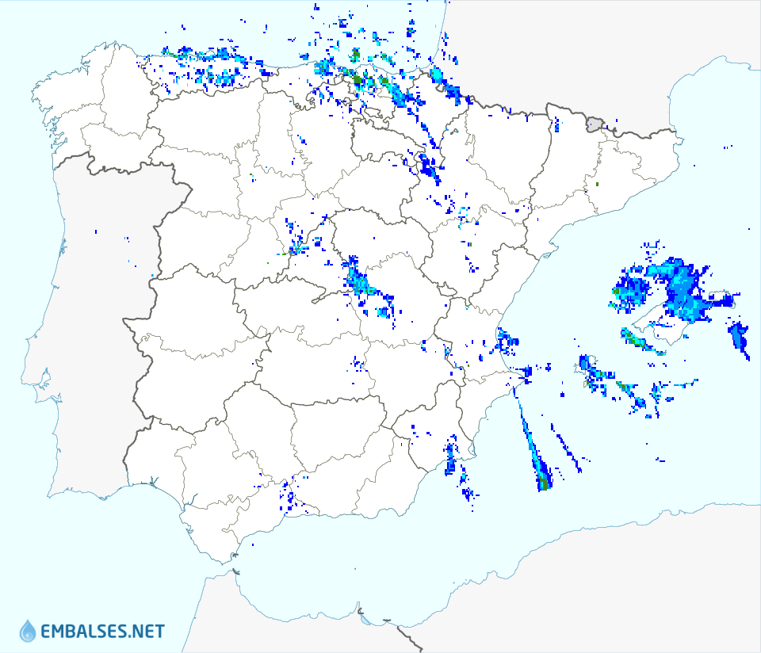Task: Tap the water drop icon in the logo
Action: click(28, 631)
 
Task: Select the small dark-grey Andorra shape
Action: click(595, 124)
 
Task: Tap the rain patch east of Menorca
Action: click(739, 337)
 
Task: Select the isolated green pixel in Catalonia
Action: click(597, 185)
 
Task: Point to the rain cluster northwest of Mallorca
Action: click(630, 289)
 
